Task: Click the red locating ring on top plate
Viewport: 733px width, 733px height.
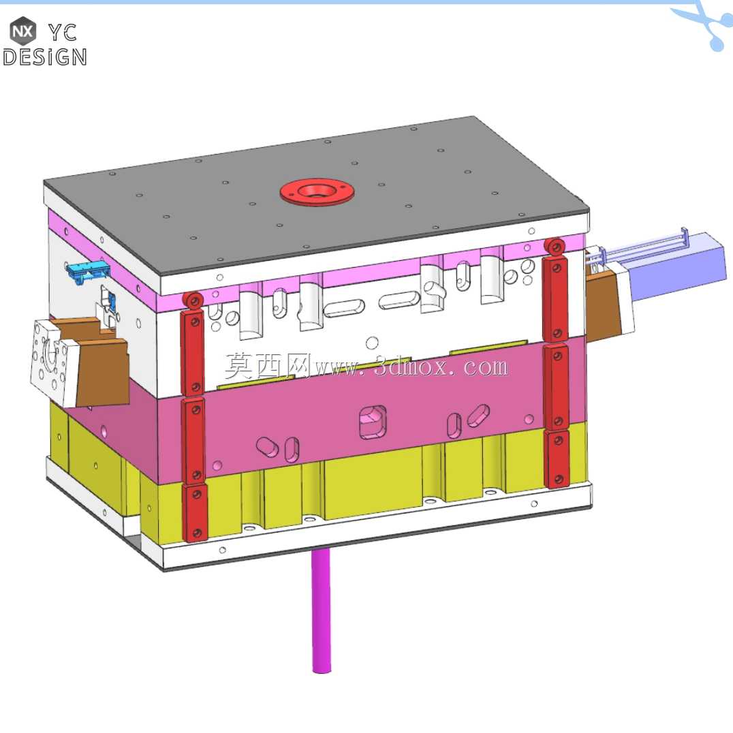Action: pos(317,191)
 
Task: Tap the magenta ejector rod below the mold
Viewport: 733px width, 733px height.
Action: pos(321,610)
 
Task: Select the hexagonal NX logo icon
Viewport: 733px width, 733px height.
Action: pos(23,31)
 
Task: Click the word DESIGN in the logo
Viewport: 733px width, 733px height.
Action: pos(45,57)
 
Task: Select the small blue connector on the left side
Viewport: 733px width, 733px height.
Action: pos(88,271)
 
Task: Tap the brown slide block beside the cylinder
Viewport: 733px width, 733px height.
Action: pos(603,306)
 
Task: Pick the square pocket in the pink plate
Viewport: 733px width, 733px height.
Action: pos(373,422)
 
